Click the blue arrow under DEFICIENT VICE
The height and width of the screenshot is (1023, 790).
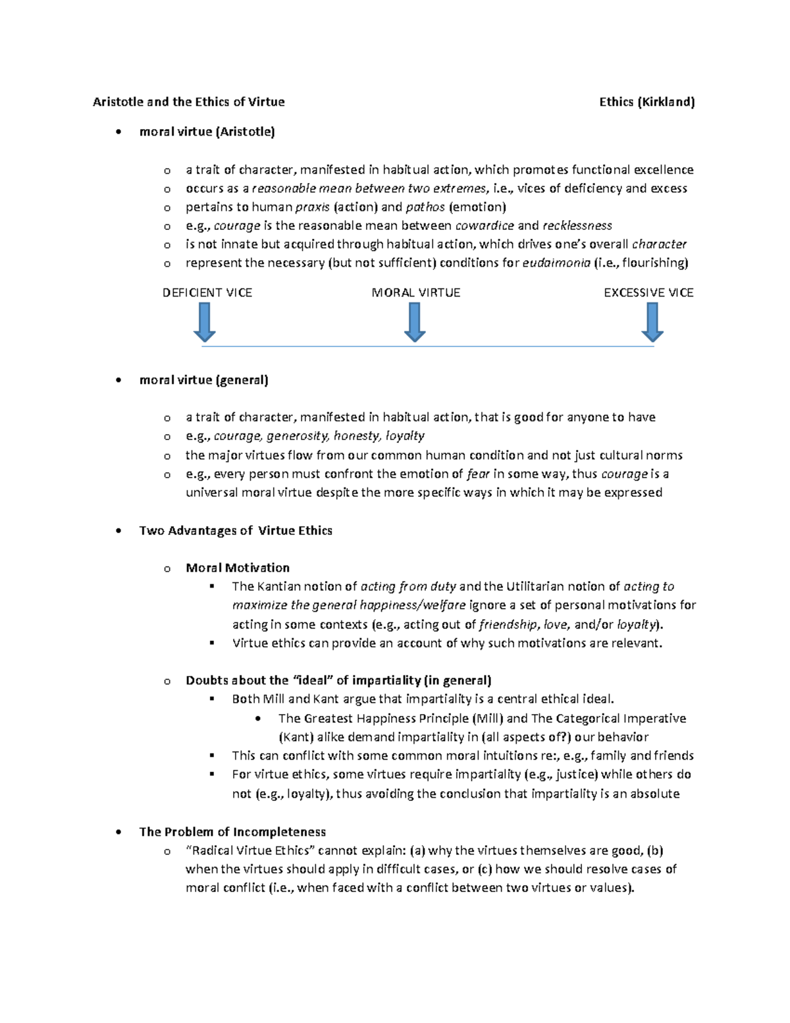(205, 322)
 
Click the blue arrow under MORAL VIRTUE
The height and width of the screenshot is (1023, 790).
(415, 322)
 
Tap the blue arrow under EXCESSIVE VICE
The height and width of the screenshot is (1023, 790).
(652, 322)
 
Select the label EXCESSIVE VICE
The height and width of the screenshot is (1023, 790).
(648, 292)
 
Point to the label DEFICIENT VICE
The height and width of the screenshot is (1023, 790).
(207, 292)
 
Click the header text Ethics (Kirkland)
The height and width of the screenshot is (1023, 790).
(646, 101)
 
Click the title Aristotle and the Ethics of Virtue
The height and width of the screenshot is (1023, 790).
(189, 101)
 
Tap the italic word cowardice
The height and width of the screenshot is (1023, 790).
(485, 225)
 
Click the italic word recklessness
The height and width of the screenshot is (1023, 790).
(577, 225)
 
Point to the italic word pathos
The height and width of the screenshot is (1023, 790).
(425, 207)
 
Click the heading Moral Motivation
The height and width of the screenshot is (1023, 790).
(238, 567)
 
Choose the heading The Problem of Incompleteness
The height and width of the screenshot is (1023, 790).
(232, 831)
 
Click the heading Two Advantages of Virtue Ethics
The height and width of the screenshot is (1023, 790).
(236, 530)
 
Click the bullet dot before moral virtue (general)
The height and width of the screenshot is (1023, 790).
(118, 380)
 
